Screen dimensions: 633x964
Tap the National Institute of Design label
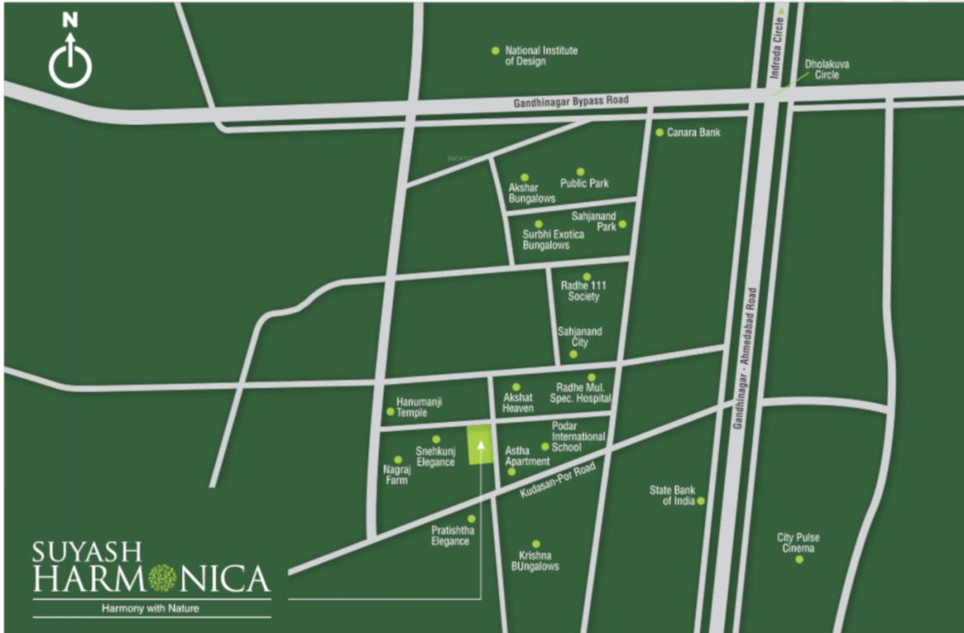pyautogui.click(x=541, y=55)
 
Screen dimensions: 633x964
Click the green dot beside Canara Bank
pyautogui.click(x=660, y=132)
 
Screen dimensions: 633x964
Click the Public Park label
pyautogui.click(x=584, y=183)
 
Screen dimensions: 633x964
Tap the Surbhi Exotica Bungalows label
pyautogui.click(x=553, y=240)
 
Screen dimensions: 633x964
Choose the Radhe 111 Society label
pyautogui.click(x=584, y=291)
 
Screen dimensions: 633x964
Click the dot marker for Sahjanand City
pyautogui.click(x=574, y=354)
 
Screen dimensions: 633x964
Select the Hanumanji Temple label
pyautogui.click(x=419, y=406)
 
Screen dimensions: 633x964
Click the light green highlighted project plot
pyautogui.click(x=479, y=446)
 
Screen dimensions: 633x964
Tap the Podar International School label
pyautogui.click(x=578, y=436)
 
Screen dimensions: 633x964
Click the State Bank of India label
pyautogui.click(x=672, y=495)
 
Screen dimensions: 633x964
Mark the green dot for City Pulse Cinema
pyautogui.click(x=799, y=560)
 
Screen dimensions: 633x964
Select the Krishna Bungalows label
pyautogui.click(x=538, y=560)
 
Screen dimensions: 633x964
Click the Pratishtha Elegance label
pyautogui.click(x=450, y=536)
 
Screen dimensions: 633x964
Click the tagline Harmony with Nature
pyautogui.click(x=151, y=609)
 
